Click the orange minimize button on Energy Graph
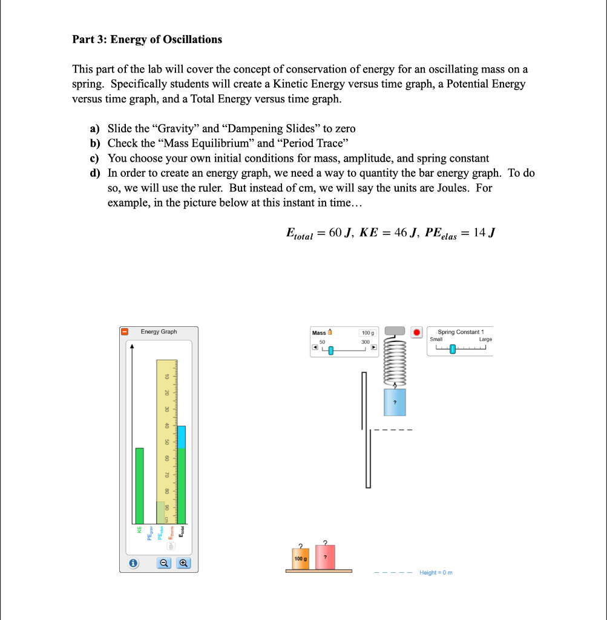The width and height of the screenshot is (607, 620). (125, 332)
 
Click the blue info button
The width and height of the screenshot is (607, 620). (132, 563)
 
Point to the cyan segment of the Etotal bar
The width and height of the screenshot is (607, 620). (181, 437)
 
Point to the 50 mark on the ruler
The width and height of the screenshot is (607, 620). (168, 441)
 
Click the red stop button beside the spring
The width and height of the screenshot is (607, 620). (416, 332)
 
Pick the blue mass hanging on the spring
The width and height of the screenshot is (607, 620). (395, 402)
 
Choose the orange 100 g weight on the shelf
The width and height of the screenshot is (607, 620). (300, 558)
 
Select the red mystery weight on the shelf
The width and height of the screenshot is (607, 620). (325, 556)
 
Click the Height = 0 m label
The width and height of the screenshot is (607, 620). (436, 573)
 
